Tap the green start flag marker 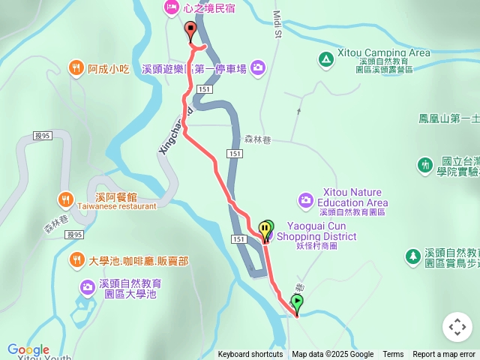click(x=297, y=303)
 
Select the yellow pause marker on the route click(x=265, y=229)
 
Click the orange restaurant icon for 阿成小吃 click(x=76, y=69)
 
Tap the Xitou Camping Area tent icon click(x=325, y=58)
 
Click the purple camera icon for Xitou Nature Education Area click(x=305, y=199)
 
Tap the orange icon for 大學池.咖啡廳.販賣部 click(x=76, y=261)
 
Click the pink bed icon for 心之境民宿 click(x=171, y=8)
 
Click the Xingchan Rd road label click(x=175, y=129)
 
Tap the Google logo click(x=28, y=350)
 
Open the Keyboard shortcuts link click(x=250, y=355)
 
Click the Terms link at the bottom click(x=393, y=355)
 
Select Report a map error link click(x=444, y=355)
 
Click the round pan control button click(x=457, y=327)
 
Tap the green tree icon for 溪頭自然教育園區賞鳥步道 click(x=412, y=257)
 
